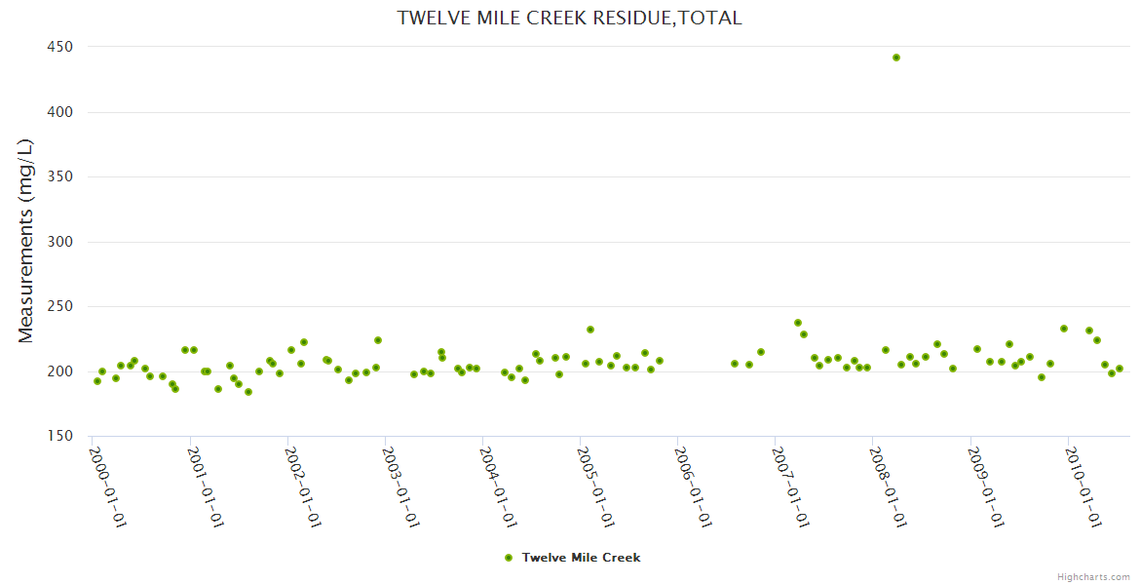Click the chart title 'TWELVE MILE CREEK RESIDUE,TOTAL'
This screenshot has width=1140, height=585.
[x=569, y=18]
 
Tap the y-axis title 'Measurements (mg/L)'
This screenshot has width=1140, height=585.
[x=26, y=241]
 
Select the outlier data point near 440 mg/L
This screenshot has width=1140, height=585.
[x=896, y=58]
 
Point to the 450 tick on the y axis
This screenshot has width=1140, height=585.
[x=62, y=47]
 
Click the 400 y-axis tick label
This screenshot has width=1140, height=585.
[x=62, y=112]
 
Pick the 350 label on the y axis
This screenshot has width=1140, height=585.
[x=62, y=176]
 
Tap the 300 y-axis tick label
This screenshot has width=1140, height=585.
[x=62, y=242]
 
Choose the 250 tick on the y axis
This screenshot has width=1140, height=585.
[x=62, y=306]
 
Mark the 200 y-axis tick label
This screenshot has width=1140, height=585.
[x=62, y=371]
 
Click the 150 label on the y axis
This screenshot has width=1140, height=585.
[x=62, y=436]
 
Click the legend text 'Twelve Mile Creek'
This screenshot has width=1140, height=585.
[x=581, y=558]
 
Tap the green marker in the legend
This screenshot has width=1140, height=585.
[x=508, y=558]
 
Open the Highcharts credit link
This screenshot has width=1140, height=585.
[x=1093, y=576]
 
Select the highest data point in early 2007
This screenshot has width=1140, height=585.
[x=798, y=323]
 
